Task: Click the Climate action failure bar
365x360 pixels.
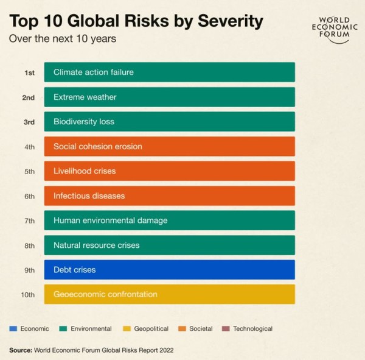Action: tap(169, 72)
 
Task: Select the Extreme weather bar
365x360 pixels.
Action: tap(169, 97)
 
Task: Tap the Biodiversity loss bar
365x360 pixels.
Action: tap(169, 122)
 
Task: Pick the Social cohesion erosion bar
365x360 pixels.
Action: tap(169, 146)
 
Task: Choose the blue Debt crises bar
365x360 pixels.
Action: tap(169, 270)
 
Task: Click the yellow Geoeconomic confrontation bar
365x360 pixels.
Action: tap(169, 294)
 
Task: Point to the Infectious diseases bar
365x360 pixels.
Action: tap(169, 196)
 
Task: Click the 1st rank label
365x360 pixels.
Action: tap(29, 72)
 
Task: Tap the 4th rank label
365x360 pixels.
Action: tap(29, 147)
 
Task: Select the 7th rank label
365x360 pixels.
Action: tap(29, 221)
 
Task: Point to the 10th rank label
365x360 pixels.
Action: tap(28, 295)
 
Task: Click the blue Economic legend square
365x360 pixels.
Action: tap(13, 329)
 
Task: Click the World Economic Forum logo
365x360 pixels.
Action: tap(330, 26)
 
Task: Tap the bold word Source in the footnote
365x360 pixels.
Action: tap(20, 350)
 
